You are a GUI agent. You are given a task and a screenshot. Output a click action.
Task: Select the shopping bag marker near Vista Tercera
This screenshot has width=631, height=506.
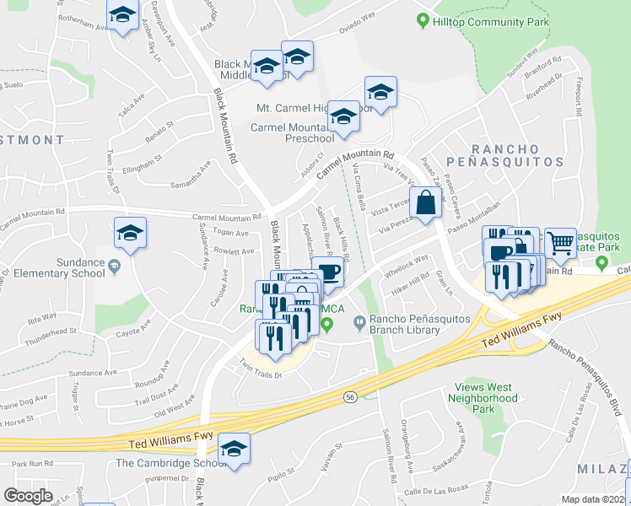pos(426,203)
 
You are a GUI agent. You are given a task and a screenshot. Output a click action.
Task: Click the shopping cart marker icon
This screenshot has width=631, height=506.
pos(560,243)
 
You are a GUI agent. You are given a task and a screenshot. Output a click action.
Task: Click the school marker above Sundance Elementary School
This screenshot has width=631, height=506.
pos(130,233)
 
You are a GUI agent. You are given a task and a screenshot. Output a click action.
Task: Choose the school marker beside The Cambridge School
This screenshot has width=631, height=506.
pos(234,448)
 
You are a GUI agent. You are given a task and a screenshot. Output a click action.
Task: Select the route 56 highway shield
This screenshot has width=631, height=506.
pos(348,396)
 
